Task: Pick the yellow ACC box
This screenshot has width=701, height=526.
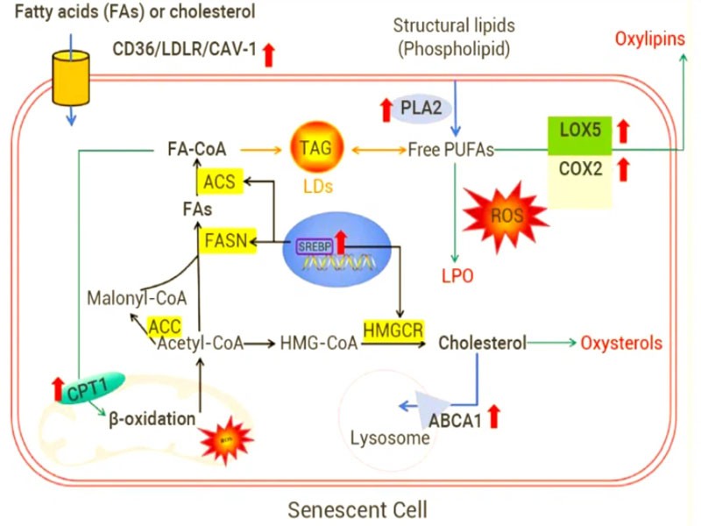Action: point(165,324)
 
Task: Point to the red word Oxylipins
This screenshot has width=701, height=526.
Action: point(648,39)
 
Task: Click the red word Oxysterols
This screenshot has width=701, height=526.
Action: point(620,344)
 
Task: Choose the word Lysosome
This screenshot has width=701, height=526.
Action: point(390,437)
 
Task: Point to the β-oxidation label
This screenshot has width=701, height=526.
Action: point(152,419)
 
